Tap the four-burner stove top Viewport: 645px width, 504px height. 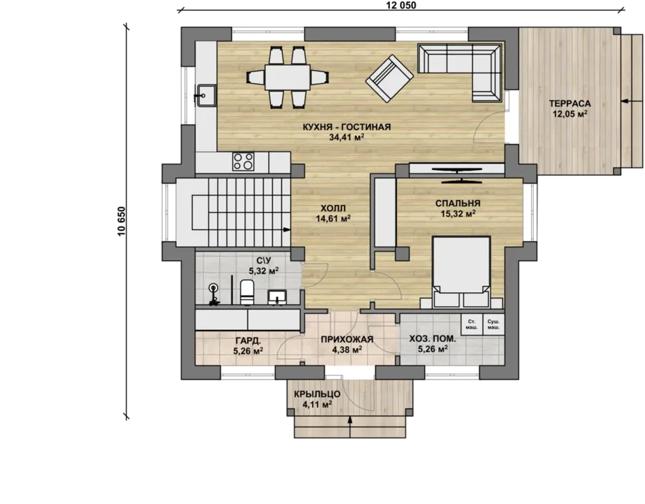coord(243,161)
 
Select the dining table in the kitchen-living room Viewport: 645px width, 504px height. coord(287,77)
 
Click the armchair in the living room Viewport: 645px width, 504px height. coord(389,78)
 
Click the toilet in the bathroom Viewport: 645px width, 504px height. coord(247,292)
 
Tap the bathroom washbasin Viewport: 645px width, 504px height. coord(277,297)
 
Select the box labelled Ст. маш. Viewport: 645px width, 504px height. coord(472,325)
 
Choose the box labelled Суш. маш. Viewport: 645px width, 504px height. coord(493,325)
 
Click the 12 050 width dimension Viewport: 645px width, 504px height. coord(401,5)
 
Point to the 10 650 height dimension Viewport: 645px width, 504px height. coord(121,221)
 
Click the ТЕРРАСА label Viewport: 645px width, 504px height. coord(570,104)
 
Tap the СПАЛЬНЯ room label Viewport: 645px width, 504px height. coord(458,203)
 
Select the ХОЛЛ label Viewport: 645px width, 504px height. coord(333,208)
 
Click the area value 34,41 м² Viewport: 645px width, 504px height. coord(347,138)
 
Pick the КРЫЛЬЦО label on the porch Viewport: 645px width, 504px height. coord(317,394)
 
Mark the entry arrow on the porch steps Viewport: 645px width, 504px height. coord(350,427)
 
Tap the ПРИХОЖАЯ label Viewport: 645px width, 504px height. coord(347,339)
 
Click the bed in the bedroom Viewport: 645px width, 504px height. coord(461,272)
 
